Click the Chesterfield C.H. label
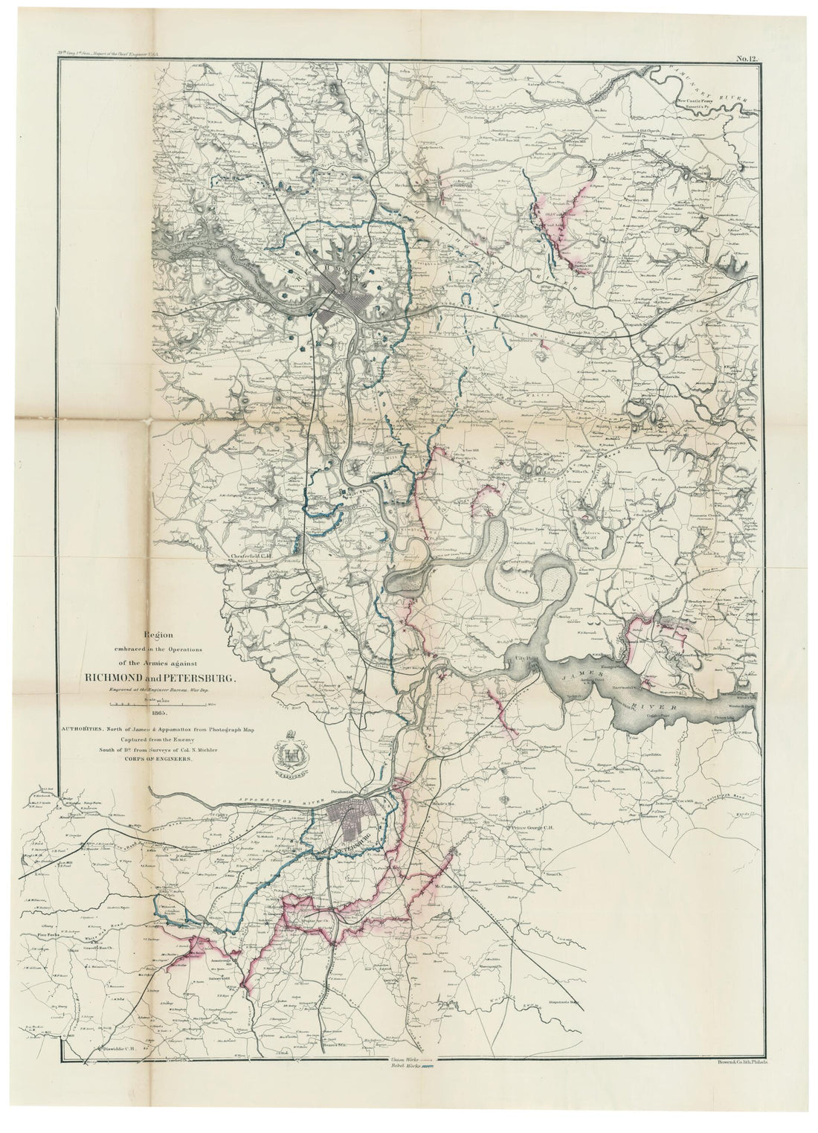254,555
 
